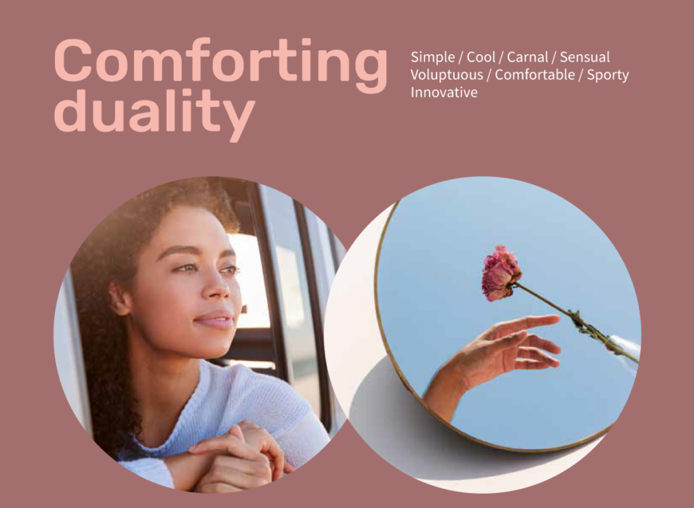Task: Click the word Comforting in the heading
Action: [220, 64]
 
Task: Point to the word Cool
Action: [481, 57]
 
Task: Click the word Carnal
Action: [527, 57]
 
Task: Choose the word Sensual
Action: [585, 57]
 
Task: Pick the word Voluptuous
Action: [447, 75]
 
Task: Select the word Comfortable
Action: [535, 75]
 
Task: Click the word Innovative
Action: [444, 93]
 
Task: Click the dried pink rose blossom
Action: [501, 273]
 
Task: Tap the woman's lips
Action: [216, 320]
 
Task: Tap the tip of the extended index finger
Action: [557, 318]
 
